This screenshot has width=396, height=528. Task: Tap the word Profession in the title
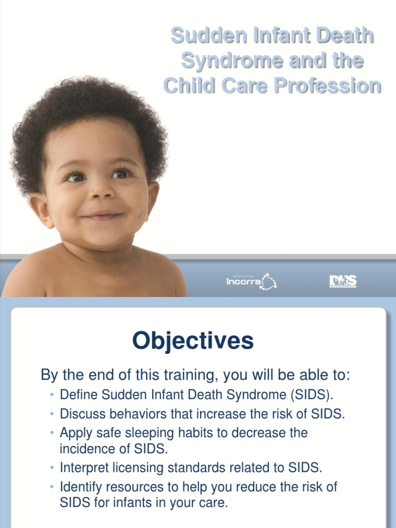pyautogui.click(x=327, y=85)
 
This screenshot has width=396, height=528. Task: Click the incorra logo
pyautogui.click(x=251, y=282)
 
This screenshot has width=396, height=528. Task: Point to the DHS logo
pyautogui.click(x=343, y=281)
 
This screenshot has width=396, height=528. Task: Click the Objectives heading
pyautogui.click(x=193, y=341)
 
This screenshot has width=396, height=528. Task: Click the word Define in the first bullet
pyautogui.click(x=78, y=395)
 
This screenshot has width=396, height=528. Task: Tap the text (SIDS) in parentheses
pyautogui.click(x=311, y=395)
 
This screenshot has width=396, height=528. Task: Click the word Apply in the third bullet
pyautogui.click(x=76, y=432)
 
